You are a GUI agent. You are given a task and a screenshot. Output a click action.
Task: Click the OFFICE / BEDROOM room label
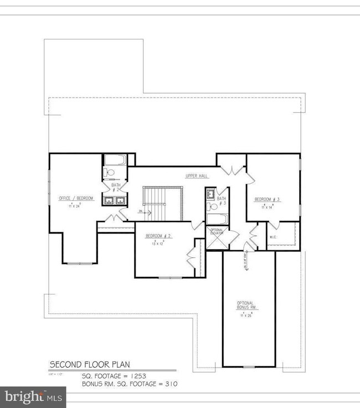point(76,198)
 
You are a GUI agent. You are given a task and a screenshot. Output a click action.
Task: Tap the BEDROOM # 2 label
point(158,236)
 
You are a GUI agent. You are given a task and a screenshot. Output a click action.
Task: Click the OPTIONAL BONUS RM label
point(245,305)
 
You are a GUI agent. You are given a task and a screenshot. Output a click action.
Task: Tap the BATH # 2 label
point(116,187)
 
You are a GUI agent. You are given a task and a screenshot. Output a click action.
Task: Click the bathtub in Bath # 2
point(115,161)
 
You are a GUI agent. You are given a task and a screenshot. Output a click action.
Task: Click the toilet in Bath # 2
point(110,173)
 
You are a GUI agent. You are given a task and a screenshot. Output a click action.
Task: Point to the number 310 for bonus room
point(170,383)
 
